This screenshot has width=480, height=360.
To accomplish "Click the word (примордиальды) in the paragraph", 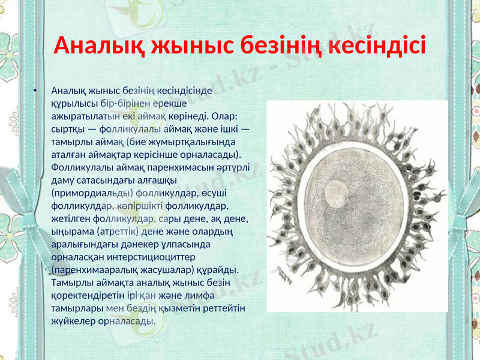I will point(91,193).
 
